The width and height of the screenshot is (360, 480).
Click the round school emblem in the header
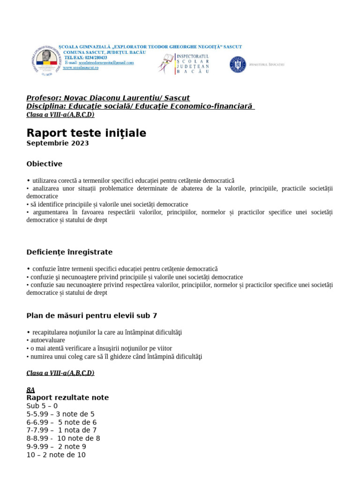click(x=45, y=60)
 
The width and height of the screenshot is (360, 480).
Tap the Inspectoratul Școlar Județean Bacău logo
click(x=184, y=64)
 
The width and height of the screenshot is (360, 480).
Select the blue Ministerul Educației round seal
click(x=238, y=64)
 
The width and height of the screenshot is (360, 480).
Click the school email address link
click(x=100, y=62)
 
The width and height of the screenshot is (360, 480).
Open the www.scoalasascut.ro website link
click(x=81, y=67)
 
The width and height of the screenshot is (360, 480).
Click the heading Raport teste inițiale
click(x=86, y=133)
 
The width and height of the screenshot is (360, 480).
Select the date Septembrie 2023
click(x=58, y=143)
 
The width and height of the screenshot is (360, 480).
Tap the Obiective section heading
click(x=45, y=164)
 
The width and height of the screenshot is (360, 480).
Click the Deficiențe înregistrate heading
click(x=69, y=252)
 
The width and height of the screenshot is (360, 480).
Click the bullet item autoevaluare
click(x=47, y=340)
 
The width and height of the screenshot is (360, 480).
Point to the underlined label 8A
click(x=30, y=390)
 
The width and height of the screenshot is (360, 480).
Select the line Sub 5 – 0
click(x=42, y=406)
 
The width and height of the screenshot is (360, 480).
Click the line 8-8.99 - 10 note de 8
click(x=63, y=438)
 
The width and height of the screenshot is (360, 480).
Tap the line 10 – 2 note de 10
click(x=56, y=455)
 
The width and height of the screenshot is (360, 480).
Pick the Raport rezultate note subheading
click(x=67, y=397)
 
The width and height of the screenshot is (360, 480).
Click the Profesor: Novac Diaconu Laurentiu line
click(x=108, y=98)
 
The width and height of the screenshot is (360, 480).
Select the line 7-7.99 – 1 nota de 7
click(x=61, y=430)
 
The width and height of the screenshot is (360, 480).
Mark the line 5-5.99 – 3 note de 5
click(x=60, y=414)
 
